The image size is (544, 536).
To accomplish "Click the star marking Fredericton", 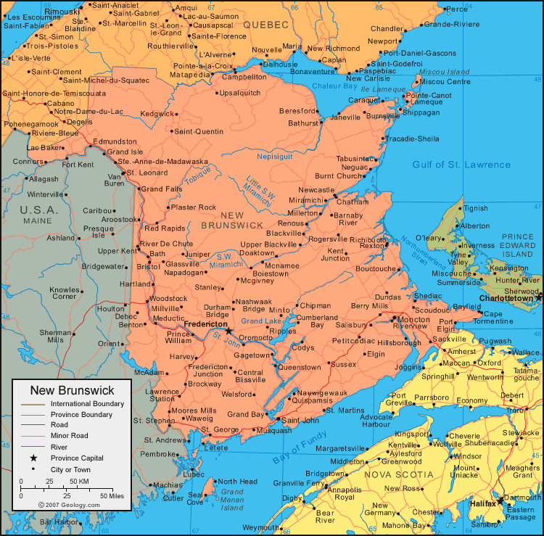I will [228, 331].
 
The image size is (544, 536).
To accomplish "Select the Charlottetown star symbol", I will [539, 297].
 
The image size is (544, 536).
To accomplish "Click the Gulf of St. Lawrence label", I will [461, 165].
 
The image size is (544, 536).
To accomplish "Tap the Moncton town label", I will [413, 318].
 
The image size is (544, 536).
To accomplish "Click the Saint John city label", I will [300, 420].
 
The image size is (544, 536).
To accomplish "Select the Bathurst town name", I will [303, 123].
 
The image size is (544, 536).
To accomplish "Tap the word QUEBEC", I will [265, 25].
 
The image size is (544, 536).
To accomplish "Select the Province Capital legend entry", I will [77, 458].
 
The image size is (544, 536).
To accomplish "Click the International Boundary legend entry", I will [87, 403].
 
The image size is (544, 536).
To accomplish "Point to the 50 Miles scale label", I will [112, 495].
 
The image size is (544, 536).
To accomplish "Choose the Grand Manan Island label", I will [232, 500].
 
